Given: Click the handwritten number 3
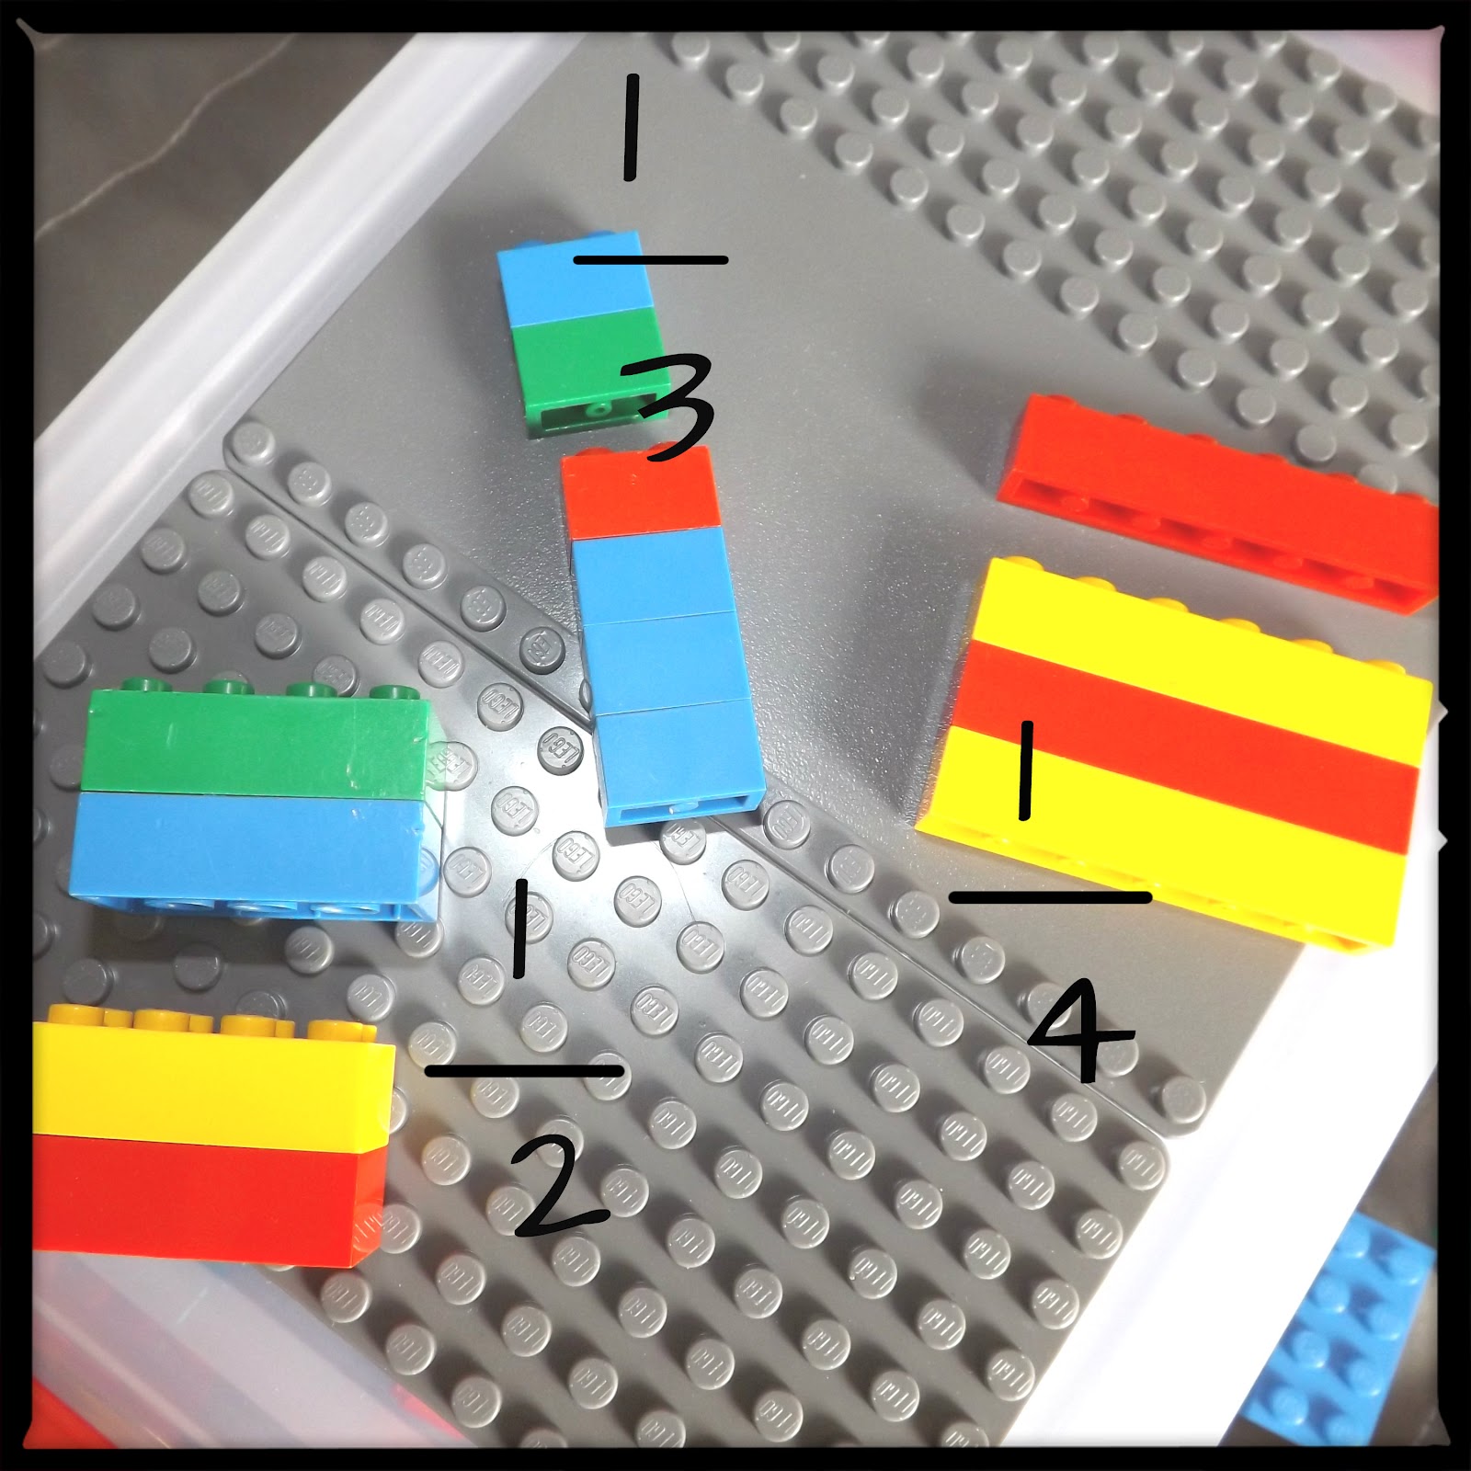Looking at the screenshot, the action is coord(668,408).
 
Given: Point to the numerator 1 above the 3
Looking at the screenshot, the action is coord(631,129).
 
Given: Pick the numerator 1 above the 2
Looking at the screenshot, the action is coord(521,928).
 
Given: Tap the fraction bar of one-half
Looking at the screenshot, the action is coord(524,1070).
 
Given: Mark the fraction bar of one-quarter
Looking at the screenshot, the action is coord(1050,896).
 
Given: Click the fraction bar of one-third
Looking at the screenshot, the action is coord(651,260).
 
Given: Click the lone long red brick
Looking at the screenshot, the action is coord(1218,501).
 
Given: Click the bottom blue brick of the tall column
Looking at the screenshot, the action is coord(679,763).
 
